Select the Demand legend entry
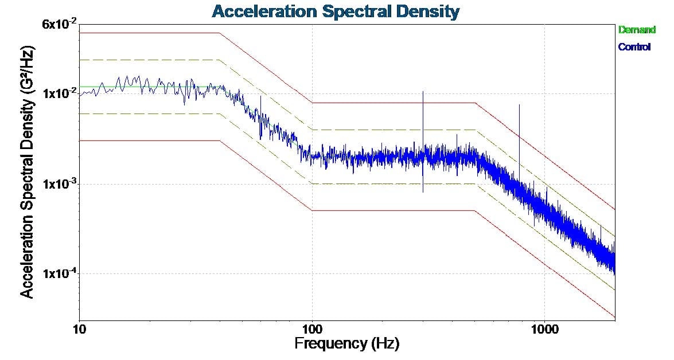(636, 29)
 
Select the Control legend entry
(634, 47)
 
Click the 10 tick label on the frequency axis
(79, 331)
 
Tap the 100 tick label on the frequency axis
(312, 331)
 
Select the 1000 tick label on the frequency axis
(544, 331)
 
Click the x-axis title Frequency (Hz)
(346, 344)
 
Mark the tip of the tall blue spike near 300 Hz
(423, 91)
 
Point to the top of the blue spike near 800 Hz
(519, 105)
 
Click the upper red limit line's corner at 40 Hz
(220, 33)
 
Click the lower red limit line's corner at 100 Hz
(312, 210)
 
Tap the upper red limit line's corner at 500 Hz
(475, 103)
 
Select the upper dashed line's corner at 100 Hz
(312, 130)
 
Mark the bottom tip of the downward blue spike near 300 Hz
(423, 192)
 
